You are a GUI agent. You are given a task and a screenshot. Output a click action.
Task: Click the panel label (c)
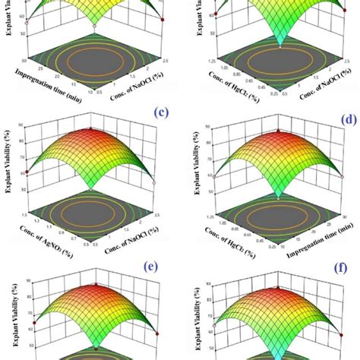tap(160, 113)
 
